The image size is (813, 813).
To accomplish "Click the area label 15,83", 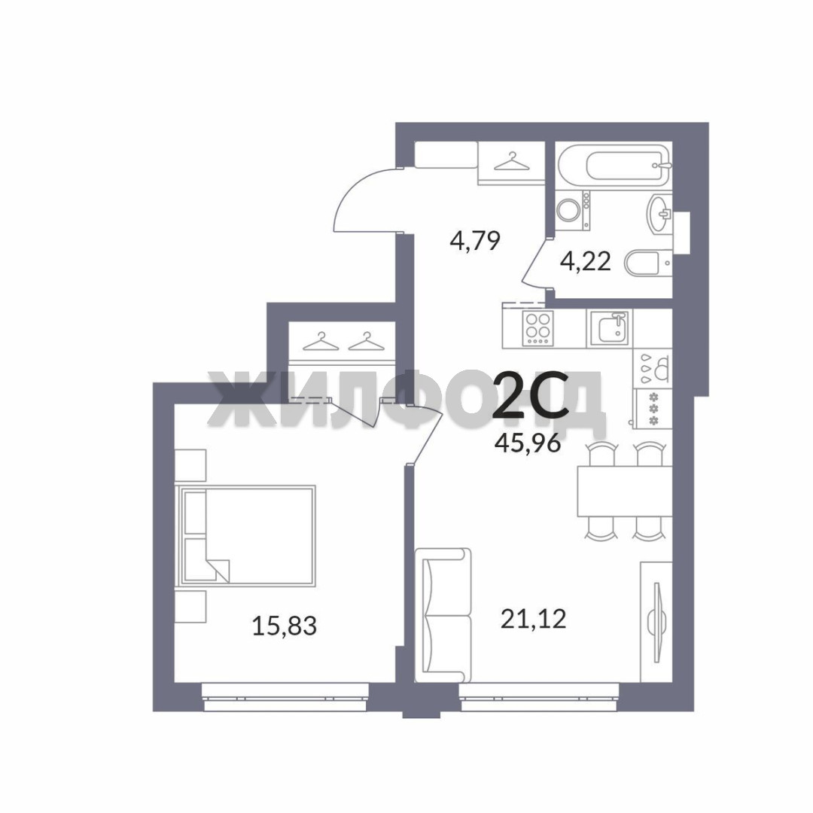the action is click(284, 626).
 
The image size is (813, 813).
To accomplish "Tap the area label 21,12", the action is click(533, 619).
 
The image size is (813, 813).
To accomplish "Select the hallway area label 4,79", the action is click(475, 241).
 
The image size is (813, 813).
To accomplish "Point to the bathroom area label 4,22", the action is click(585, 261).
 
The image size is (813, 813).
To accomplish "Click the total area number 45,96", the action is click(528, 443).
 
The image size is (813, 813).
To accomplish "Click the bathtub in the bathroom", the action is click(614, 165).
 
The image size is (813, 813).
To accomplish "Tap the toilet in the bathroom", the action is click(648, 263).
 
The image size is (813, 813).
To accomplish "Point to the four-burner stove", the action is click(538, 328).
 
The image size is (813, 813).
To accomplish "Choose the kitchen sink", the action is click(609, 329).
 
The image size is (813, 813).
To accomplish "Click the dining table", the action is click(625, 491).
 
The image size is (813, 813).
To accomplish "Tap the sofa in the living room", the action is click(443, 615).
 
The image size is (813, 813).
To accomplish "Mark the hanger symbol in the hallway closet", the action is click(512, 161).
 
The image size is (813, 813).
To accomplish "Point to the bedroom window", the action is click(285, 697).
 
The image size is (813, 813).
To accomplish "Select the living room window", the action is click(539, 697).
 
